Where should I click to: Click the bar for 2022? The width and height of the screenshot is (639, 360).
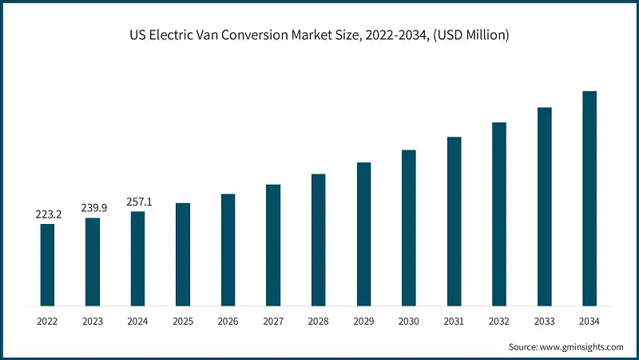click(x=47, y=264)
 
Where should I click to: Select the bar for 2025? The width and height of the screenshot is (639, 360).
click(x=183, y=254)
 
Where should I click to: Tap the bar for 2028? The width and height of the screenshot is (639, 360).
click(x=318, y=239)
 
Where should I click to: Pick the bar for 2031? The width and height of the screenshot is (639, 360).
click(x=454, y=221)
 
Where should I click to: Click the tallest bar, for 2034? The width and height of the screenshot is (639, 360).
click(x=589, y=198)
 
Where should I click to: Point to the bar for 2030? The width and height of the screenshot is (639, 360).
click(x=409, y=227)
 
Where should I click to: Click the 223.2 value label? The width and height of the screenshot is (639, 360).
click(x=47, y=214)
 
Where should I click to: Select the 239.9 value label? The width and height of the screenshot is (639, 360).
click(x=93, y=208)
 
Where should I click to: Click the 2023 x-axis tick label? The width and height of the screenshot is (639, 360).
click(x=93, y=321)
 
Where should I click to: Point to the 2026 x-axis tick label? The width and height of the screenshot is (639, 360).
click(x=228, y=321)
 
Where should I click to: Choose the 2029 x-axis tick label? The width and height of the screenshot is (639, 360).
click(x=363, y=321)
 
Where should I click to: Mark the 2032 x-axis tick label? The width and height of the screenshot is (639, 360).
click(x=499, y=321)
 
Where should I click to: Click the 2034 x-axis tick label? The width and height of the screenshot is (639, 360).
click(x=589, y=321)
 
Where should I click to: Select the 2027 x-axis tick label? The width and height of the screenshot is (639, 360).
click(x=273, y=321)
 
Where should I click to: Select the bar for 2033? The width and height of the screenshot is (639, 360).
click(x=545, y=206)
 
